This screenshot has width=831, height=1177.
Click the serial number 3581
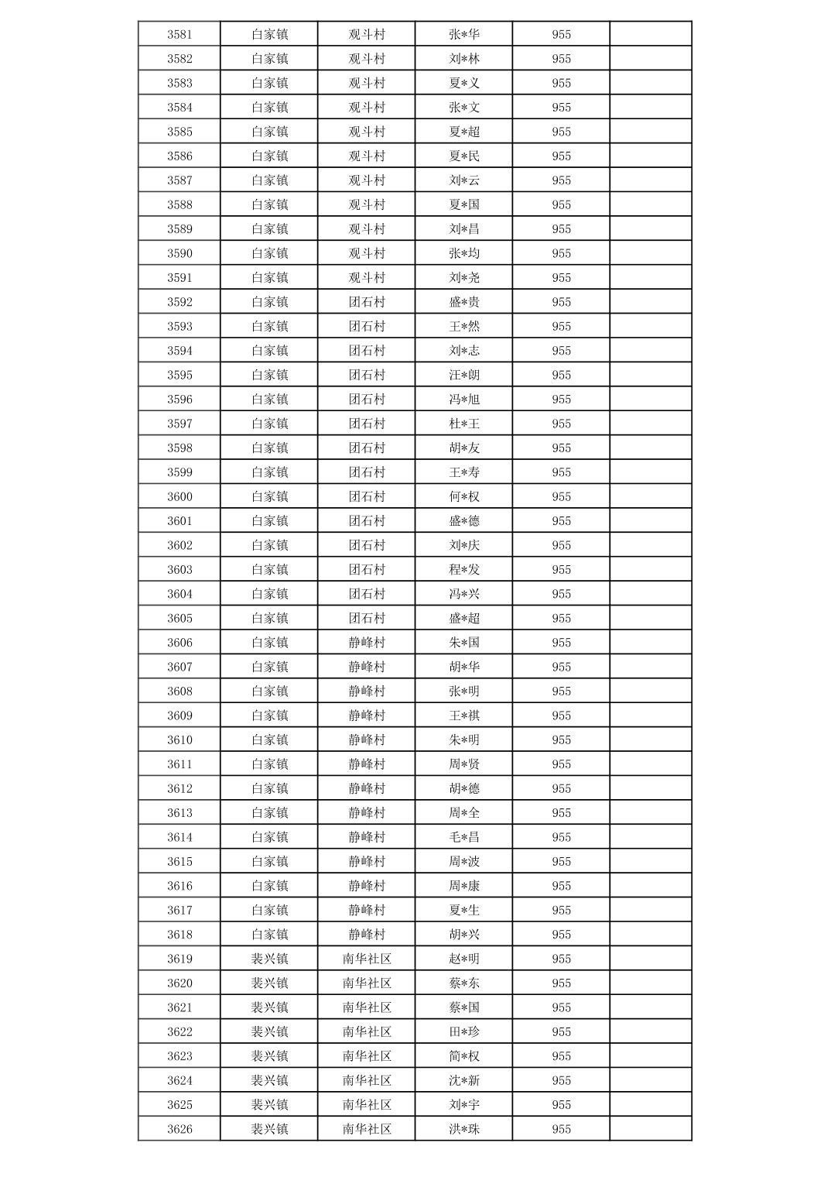pyautogui.click(x=180, y=34)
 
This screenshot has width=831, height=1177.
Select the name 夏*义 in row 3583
pyautogui.click(x=464, y=83)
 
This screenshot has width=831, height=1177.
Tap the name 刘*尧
pyautogui.click(x=464, y=277)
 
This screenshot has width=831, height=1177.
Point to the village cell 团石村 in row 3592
pyautogui.click(x=367, y=302)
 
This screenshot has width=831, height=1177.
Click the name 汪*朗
pyautogui.click(x=464, y=375)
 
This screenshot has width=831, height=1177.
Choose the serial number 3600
pyautogui.click(x=180, y=496)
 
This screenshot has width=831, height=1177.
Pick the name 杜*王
pyautogui.click(x=464, y=424)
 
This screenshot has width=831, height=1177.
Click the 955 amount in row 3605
pyautogui.click(x=561, y=618)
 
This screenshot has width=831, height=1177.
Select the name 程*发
pyautogui.click(x=464, y=569)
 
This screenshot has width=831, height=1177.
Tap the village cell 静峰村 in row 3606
pyautogui.click(x=367, y=642)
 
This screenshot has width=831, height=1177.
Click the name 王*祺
pyautogui.click(x=464, y=715)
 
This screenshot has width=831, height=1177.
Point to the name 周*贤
pyautogui.click(x=464, y=764)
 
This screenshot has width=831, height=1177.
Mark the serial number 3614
pyautogui.click(x=180, y=837)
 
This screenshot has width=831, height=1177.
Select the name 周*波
pyautogui.click(x=464, y=861)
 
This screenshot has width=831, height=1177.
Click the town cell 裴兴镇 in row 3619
pyautogui.click(x=269, y=959)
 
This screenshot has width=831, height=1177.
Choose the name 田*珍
pyautogui.click(x=464, y=1031)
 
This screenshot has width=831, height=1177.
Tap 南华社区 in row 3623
pyautogui.click(x=367, y=1056)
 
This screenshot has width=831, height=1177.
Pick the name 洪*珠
pyautogui.click(x=464, y=1129)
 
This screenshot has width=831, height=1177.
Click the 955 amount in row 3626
pyautogui.click(x=561, y=1129)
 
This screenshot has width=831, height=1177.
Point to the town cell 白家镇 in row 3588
pyautogui.click(x=269, y=204)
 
